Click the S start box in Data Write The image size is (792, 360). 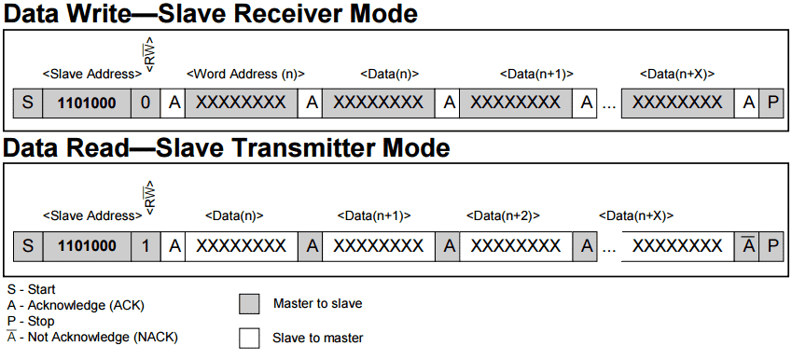pyautogui.click(x=28, y=103)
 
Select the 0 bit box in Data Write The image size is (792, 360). pyautogui.click(x=146, y=103)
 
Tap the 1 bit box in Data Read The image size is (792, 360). pyautogui.click(x=146, y=246)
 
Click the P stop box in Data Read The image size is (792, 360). pyautogui.click(x=771, y=246)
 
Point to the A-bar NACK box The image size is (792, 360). pyautogui.click(x=748, y=246)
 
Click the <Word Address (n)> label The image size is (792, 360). pyautogui.click(x=246, y=74)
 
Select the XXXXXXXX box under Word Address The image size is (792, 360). pyautogui.click(x=242, y=103)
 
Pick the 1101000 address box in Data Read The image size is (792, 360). pyautogui.click(x=87, y=246)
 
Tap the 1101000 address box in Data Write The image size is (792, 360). pyautogui.click(x=87, y=103)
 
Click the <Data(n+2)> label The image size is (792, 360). pyautogui.click(x=503, y=216)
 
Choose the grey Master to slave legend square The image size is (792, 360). pyautogui.click(x=249, y=304)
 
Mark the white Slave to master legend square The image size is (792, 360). pyautogui.click(x=249, y=339)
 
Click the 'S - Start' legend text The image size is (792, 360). pyautogui.click(x=32, y=290)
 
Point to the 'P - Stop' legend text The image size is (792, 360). pyautogui.click(x=31, y=321)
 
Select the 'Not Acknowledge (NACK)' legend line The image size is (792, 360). pyautogui.click(x=92, y=338)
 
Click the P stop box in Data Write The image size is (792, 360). pyautogui.click(x=771, y=103)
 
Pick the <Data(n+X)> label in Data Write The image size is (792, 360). pyautogui.click(x=678, y=74)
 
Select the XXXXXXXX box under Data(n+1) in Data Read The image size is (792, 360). pyautogui.click(x=379, y=246)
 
